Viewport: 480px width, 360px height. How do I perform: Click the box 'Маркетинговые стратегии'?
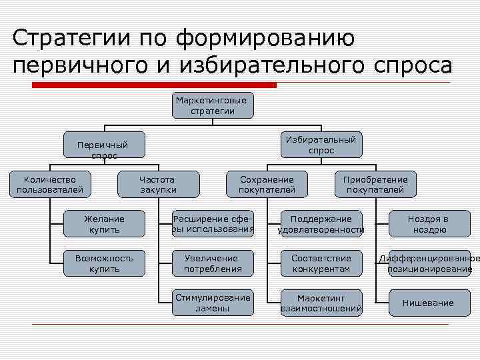pos(211,106)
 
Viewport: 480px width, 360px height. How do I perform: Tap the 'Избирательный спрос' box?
pos(321,145)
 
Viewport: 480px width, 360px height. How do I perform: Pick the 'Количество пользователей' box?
pos(50,185)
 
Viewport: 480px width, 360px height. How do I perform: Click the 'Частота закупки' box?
pos(158,185)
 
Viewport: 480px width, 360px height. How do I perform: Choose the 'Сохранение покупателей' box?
pos(267,185)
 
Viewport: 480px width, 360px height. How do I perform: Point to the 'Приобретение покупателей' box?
pos(375,185)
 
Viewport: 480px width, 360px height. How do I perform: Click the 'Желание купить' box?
pos(104,224)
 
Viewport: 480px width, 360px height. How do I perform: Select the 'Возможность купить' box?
pos(104,263)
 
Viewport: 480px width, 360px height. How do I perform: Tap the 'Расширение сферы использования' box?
pos(213,224)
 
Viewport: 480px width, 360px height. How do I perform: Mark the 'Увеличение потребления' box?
pos(213,263)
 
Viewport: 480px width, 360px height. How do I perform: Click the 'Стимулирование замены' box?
pos(213,303)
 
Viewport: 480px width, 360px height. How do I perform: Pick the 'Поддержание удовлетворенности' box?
pos(321,224)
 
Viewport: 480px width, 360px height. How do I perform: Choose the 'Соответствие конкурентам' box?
pos(321,263)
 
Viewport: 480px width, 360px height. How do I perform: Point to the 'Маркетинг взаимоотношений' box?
pos(321,303)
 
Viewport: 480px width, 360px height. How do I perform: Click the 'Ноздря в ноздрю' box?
pos(429,224)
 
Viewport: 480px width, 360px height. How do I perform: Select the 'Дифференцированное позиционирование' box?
pos(429,263)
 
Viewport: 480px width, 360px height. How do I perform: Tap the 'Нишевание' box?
pos(429,303)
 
